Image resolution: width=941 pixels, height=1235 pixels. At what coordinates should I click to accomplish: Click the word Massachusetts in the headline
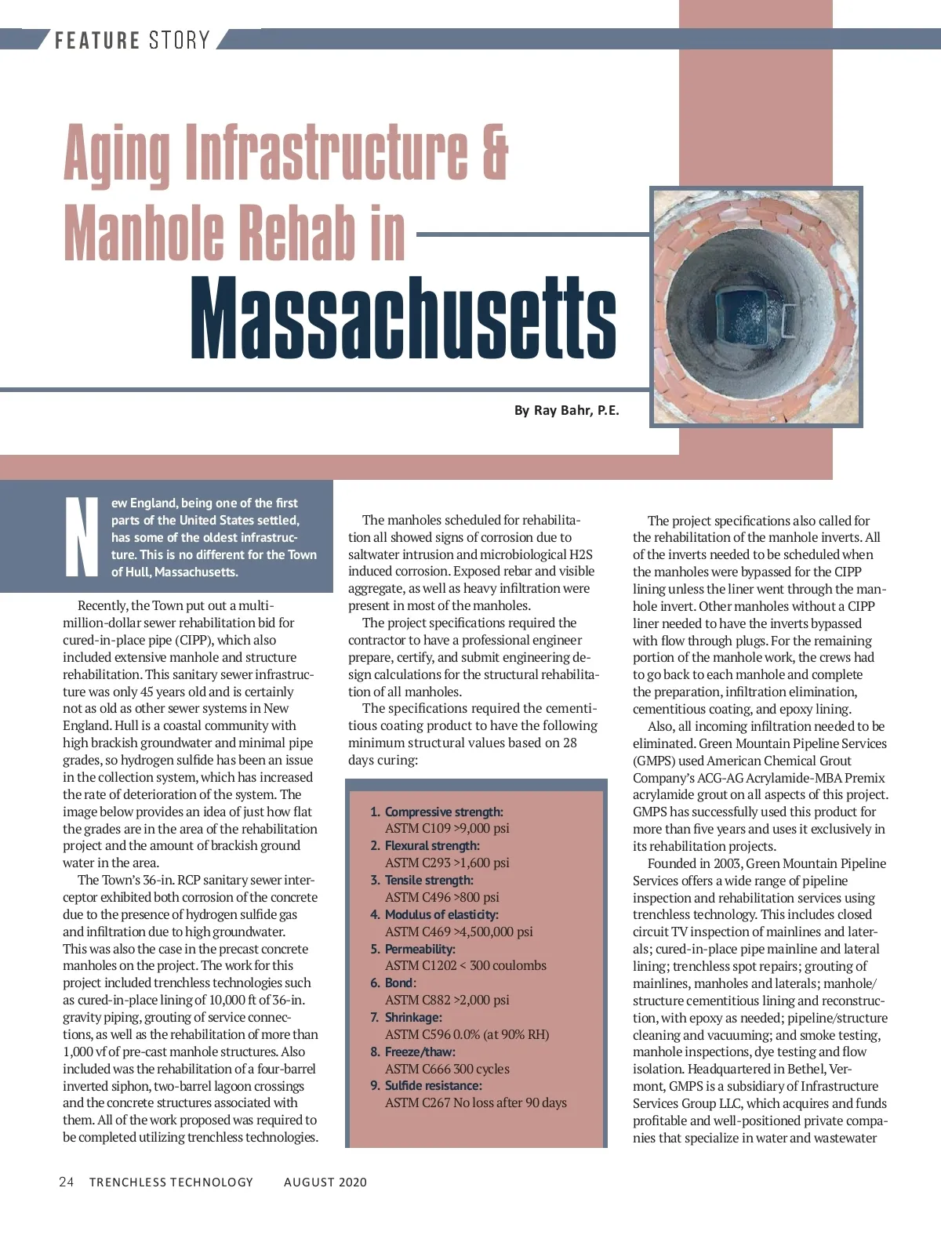click(403, 318)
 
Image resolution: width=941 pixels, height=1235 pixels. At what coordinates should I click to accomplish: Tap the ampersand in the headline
click(495, 151)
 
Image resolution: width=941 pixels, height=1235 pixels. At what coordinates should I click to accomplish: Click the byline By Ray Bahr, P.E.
click(566, 410)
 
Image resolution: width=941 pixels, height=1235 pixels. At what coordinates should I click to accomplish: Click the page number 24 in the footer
click(67, 1182)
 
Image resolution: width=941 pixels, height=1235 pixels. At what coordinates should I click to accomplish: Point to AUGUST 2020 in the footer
click(325, 1182)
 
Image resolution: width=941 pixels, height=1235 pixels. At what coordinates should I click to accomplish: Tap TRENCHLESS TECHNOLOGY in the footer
click(171, 1182)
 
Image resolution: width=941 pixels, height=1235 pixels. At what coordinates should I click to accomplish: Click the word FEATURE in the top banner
click(97, 40)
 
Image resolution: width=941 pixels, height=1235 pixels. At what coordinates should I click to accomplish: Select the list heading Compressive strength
click(444, 812)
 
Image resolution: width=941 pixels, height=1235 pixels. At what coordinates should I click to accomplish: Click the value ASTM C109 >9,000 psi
click(447, 828)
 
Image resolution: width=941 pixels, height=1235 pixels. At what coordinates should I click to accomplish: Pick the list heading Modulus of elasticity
click(441, 914)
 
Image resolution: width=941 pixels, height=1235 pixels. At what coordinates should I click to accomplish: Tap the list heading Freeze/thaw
click(420, 1052)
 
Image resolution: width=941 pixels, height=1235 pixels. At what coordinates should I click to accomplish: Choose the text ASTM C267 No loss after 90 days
click(475, 1102)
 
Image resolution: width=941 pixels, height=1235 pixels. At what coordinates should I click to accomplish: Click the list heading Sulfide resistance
click(433, 1085)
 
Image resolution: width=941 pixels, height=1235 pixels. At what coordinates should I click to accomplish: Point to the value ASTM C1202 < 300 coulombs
click(465, 965)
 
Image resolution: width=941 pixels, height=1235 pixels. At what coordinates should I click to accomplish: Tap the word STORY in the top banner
click(180, 40)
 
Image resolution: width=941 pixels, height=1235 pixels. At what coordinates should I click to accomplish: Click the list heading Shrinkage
click(413, 1017)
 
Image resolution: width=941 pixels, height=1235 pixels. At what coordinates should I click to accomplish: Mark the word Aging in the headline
click(117, 151)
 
